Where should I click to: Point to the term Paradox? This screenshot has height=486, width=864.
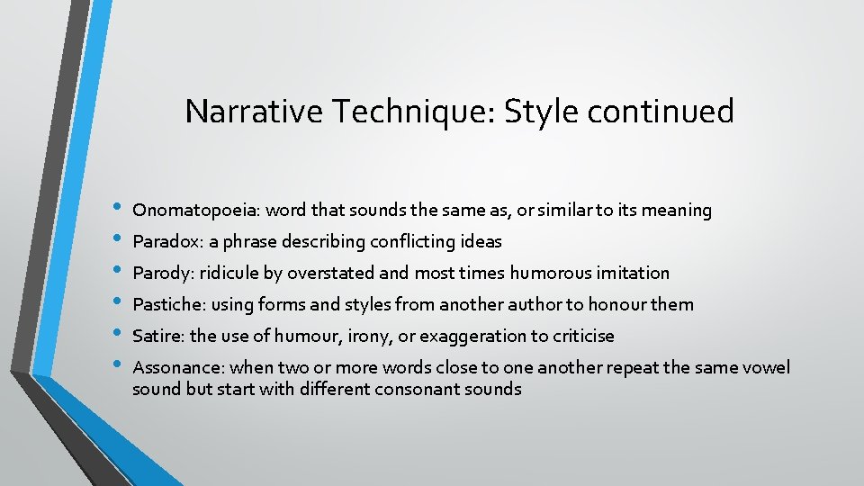coord(166,242)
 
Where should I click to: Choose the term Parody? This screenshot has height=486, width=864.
coord(164,273)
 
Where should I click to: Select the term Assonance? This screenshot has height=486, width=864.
coord(178,367)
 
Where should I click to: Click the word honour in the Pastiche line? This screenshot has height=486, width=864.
coord(616,304)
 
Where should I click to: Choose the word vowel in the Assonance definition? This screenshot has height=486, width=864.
coord(764,367)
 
